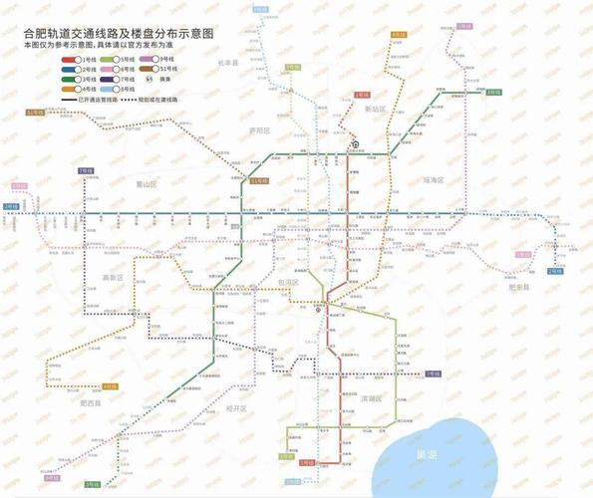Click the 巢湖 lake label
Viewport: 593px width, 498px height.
click(x=424, y=455)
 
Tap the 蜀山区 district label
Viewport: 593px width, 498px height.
click(x=148, y=183)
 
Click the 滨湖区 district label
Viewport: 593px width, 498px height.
click(x=375, y=397)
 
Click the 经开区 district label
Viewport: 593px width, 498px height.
click(x=236, y=408)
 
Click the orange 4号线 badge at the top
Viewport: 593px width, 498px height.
click(x=398, y=35)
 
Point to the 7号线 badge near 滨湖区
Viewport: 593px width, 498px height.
click(x=432, y=373)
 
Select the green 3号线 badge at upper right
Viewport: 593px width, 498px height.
click(x=493, y=91)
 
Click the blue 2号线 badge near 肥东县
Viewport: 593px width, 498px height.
click(x=556, y=271)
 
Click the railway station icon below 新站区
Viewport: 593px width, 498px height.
click(x=355, y=145)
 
